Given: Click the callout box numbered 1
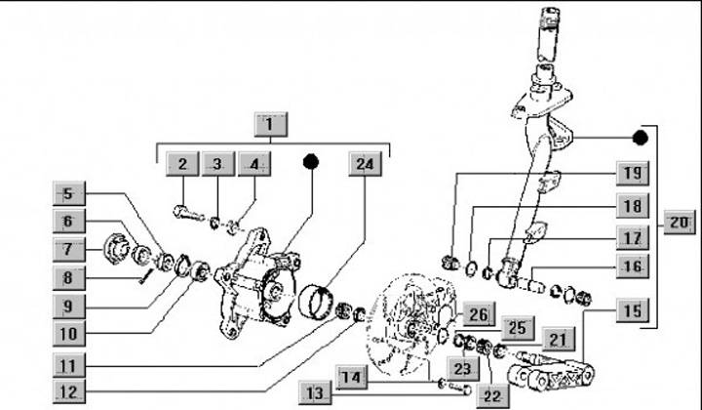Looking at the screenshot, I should pyautogui.click(x=272, y=124).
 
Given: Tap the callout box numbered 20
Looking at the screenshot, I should pyautogui.click(x=680, y=223).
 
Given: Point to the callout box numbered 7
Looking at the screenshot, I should pyautogui.click(x=69, y=249).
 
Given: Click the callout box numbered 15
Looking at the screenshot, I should pyautogui.click(x=632, y=312).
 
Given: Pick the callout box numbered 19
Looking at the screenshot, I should pyautogui.click(x=632, y=175).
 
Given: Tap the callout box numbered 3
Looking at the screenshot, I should pyautogui.click(x=217, y=164).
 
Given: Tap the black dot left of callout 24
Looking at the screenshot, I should pyautogui.click(x=312, y=162).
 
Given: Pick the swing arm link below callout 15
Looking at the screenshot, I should pyautogui.click(x=554, y=376).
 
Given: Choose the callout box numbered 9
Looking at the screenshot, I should pyautogui.click(x=69, y=304).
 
